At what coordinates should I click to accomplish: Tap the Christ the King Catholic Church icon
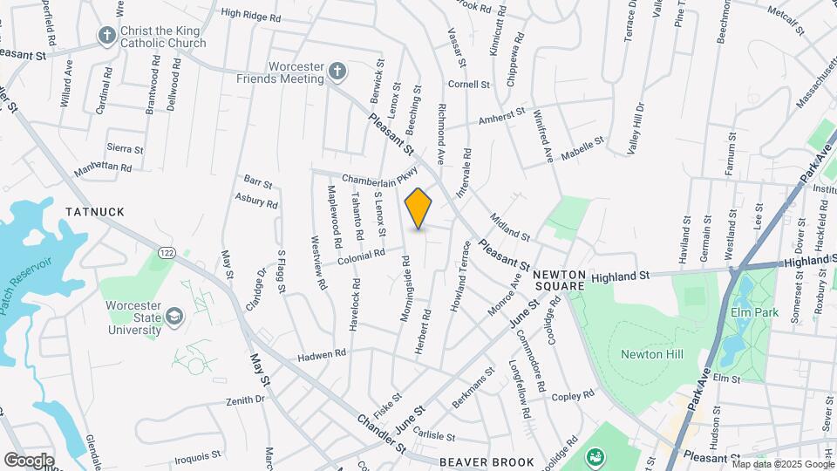pyautogui.click(x=107, y=36)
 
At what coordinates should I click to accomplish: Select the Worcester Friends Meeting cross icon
pyautogui.click(x=337, y=72)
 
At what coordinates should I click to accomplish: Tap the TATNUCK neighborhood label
pyautogui.click(x=94, y=212)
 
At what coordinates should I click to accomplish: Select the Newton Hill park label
pyautogui.click(x=651, y=354)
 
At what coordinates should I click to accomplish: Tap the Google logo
pyautogui.click(x=29, y=461)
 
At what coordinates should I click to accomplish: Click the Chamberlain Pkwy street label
pyautogui.click(x=380, y=179)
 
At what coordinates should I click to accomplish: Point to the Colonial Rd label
pyautogui.click(x=362, y=255)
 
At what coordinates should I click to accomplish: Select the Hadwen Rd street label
pyautogui.click(x=322, y=353)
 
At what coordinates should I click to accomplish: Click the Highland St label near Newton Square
pyautogui.click(x=621, y=276)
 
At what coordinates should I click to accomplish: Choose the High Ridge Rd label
pyautogui.click(x=251, y=16)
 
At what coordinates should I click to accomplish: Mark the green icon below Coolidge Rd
pyautogui.click(x=596, y=455)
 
